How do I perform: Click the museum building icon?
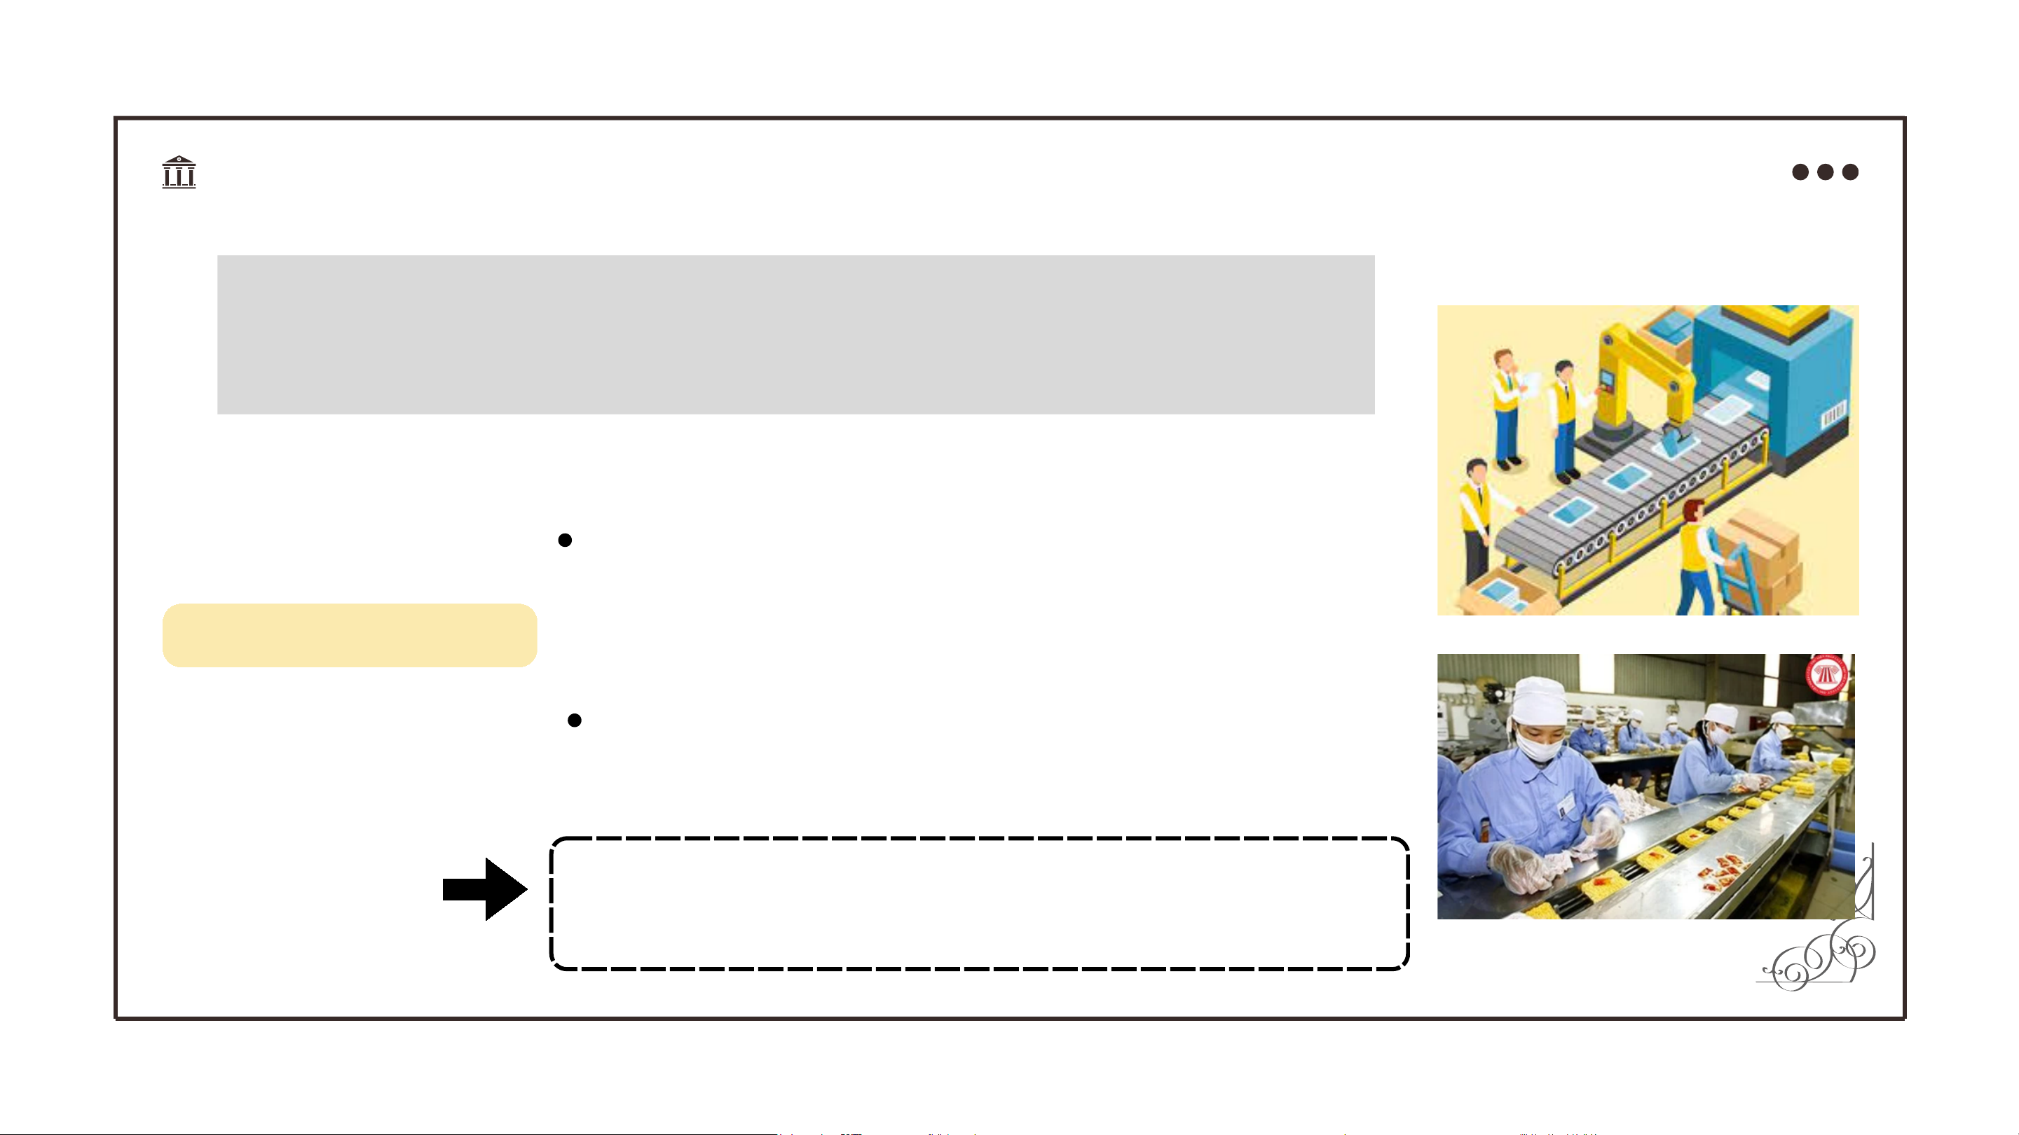[x=179, y=172]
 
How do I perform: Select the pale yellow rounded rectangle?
[x=350, y=635]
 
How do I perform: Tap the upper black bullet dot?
[x=564, y=541]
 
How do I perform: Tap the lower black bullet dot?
[x=575, y=720]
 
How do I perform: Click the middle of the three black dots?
[x=1826, y=172]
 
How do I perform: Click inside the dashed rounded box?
[x=980, y=903]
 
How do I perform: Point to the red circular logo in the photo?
[x=1827, y=674]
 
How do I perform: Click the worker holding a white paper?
[x=1507, y=408]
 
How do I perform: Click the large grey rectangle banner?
[x=795, y=335]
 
